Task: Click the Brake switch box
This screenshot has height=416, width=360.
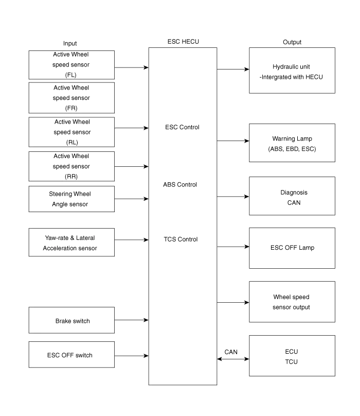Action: click(x=71, y=320)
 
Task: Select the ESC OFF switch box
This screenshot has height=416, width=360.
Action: click(x=71, y=355)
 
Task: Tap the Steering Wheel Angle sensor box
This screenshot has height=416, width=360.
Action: click(x=71, y=199)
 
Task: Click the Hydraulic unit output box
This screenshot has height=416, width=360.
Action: click(x=292, y=71)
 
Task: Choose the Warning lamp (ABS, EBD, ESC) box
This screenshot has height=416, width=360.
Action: click(x=292, y=144)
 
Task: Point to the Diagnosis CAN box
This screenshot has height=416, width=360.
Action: click(x=292, y=197)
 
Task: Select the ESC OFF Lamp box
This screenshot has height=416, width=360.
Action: click(x=292, y=248)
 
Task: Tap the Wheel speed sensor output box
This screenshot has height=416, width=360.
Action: click(x=292, y=302)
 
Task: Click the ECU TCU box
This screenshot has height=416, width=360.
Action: click(x=292, y=356)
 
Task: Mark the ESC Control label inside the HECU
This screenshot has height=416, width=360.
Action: click(x=183, y=127)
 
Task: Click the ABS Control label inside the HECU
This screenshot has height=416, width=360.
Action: click(x=180, y=184)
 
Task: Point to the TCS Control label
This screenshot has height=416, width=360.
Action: click(x=181, y=239)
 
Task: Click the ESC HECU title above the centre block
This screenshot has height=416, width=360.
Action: click(x=183, y=41)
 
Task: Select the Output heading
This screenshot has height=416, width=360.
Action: click(x=292, y=42)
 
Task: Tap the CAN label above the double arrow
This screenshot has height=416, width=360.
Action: click(x=231, y=351)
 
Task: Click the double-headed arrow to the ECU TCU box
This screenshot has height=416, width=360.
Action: click(x=232, y=360)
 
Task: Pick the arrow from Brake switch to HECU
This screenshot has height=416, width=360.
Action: click(x=132, y=320)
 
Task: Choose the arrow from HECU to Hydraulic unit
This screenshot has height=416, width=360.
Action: click(x=232, y=68)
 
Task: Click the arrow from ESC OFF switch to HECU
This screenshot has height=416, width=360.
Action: click(x=132, y=355)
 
